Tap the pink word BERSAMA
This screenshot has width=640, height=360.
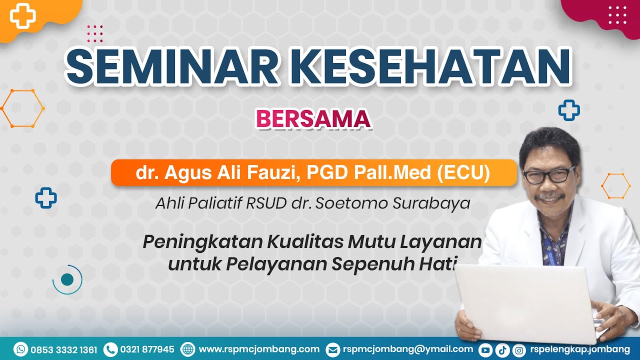click(x=313, y=119)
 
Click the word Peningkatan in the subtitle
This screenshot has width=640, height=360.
click(x=202, y=242)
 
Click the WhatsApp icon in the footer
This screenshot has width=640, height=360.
click(x=21, y=349)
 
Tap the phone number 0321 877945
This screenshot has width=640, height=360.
click(x=147, y=349)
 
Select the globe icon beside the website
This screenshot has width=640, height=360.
click(x=187, y=349)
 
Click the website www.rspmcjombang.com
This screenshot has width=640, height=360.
click(x=259, y=349)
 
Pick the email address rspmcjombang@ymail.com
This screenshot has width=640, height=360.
click(x=407, y=349)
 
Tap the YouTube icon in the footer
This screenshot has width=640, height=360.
click(x=485, y=350)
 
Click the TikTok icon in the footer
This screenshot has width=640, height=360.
click(x=502, y=350)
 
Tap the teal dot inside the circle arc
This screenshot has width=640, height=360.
click(x=67, y=278)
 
